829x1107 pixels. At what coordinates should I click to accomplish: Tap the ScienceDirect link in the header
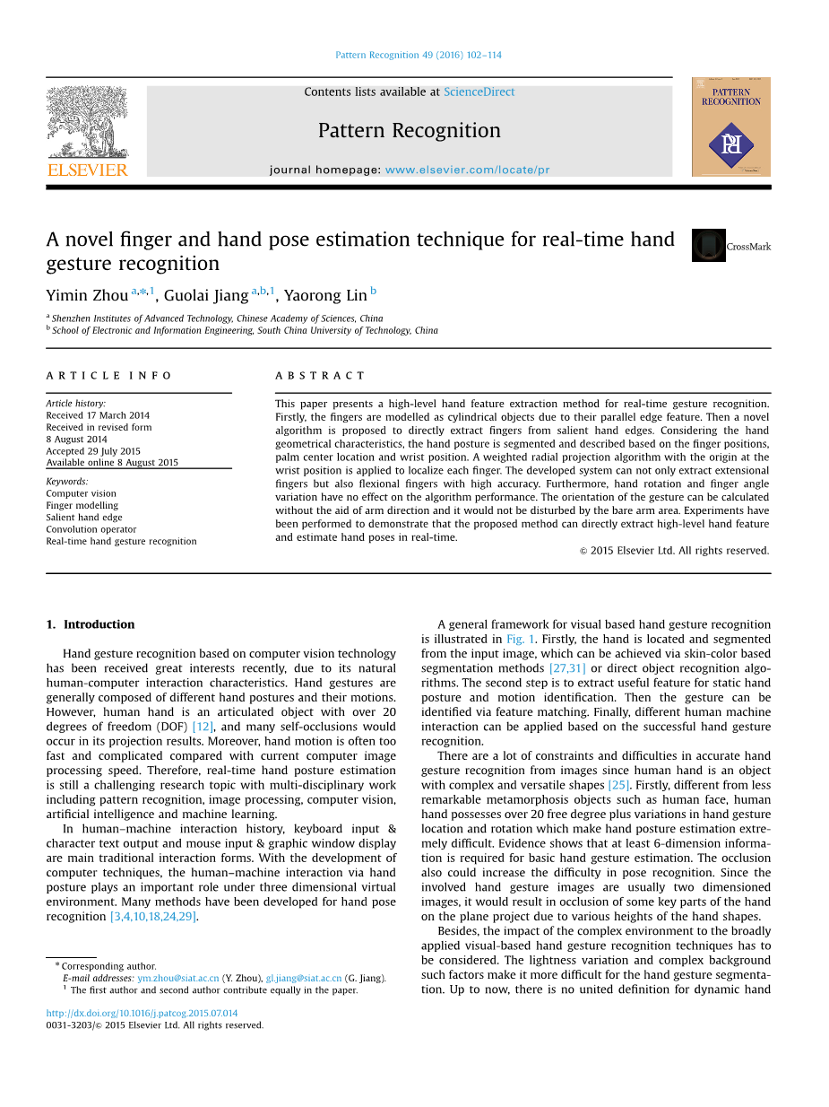point(479,92)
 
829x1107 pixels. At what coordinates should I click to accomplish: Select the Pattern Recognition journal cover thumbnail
point(730,126)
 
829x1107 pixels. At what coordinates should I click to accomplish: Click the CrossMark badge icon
point(709,245)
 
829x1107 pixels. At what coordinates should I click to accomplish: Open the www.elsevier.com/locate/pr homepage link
point(467,170)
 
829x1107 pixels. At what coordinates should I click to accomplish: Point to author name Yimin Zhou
point(87,295)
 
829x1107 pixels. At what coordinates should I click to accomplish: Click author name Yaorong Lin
point(325,295)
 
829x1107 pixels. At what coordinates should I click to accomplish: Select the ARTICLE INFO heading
point(109,376)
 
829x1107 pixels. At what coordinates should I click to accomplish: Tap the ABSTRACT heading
point(320,376)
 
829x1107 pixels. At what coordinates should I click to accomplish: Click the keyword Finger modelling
point(82,505)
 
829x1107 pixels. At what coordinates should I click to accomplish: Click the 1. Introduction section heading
point(91,624)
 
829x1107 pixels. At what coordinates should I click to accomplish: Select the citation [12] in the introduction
point(203,727)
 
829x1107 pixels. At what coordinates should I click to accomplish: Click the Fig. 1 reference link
point(521,640)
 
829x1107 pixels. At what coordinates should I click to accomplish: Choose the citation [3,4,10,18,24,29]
point(152,917)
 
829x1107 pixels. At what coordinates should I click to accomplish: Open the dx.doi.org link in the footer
point(142,1013)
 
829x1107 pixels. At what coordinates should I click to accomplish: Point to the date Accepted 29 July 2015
point(93,451)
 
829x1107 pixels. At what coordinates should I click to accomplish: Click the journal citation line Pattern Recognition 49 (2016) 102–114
point(419,55)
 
